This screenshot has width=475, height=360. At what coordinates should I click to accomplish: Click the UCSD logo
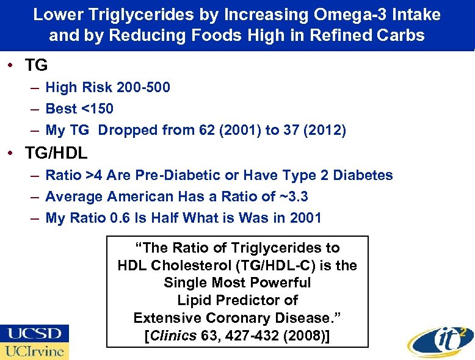point(35,333)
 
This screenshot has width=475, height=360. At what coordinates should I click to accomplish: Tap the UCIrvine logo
point(35,351)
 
